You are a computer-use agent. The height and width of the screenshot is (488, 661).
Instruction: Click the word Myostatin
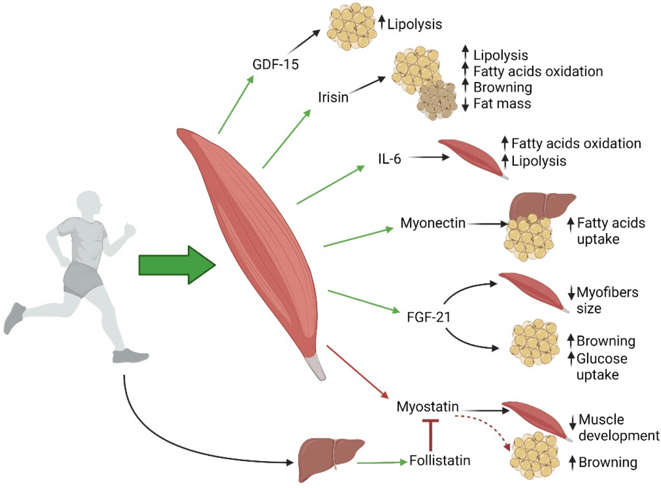click(427, 408)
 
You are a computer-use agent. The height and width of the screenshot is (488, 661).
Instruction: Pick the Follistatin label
click(441, 460)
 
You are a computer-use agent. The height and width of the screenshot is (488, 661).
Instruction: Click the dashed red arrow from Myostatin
click(485, 427)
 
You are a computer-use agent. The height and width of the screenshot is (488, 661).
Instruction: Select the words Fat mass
click(502, 103)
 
